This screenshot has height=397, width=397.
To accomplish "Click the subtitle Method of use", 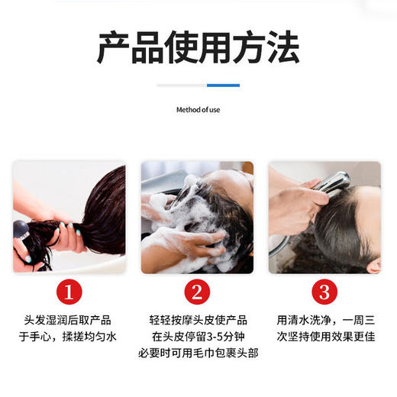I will [198, 110].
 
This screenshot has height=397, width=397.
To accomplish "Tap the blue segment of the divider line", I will [223, 86].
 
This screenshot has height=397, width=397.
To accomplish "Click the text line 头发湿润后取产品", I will [69, 321].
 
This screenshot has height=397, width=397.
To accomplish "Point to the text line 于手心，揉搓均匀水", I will [69, 337].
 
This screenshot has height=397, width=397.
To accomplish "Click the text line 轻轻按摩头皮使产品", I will [197, 321].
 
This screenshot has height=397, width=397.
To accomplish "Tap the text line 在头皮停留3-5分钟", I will [197, 337].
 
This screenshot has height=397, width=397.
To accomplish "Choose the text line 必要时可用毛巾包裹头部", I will [197, 353].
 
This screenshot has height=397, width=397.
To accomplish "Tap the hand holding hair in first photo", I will [65, 237].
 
